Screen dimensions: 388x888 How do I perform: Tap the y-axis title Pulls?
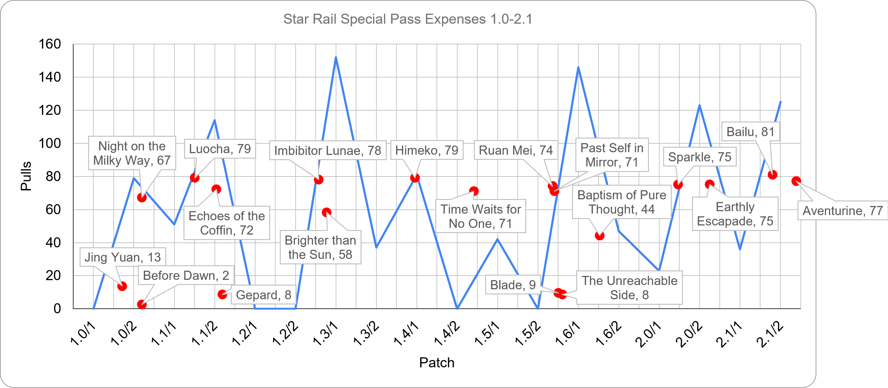click(26, 176)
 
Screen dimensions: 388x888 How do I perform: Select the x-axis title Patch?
click(437, 362)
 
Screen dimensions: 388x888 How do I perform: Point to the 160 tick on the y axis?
click(50, 44)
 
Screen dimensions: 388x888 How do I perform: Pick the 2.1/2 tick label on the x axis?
click(770, 334)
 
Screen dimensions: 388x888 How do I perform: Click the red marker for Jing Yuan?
click(122, 286)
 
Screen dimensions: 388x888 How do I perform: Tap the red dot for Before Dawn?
click(142, 304)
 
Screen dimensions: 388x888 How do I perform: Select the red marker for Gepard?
click(222, 294)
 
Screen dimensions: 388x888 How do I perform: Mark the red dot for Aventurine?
click(796, 181)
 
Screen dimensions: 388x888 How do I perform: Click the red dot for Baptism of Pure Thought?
click(599, 235)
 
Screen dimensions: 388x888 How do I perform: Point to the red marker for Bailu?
click(773, 175)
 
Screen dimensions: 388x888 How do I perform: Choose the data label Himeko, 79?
click(427, 150)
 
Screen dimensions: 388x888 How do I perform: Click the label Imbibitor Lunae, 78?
click(327, 150)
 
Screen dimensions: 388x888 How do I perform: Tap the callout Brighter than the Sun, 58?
click(320, 247)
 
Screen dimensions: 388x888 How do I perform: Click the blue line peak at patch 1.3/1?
click(336, 58)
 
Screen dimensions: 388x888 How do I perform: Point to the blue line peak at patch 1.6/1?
click(578, 67)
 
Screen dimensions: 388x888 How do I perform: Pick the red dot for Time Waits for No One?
click(474, 191)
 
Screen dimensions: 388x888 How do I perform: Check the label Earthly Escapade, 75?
click(735, 214)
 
